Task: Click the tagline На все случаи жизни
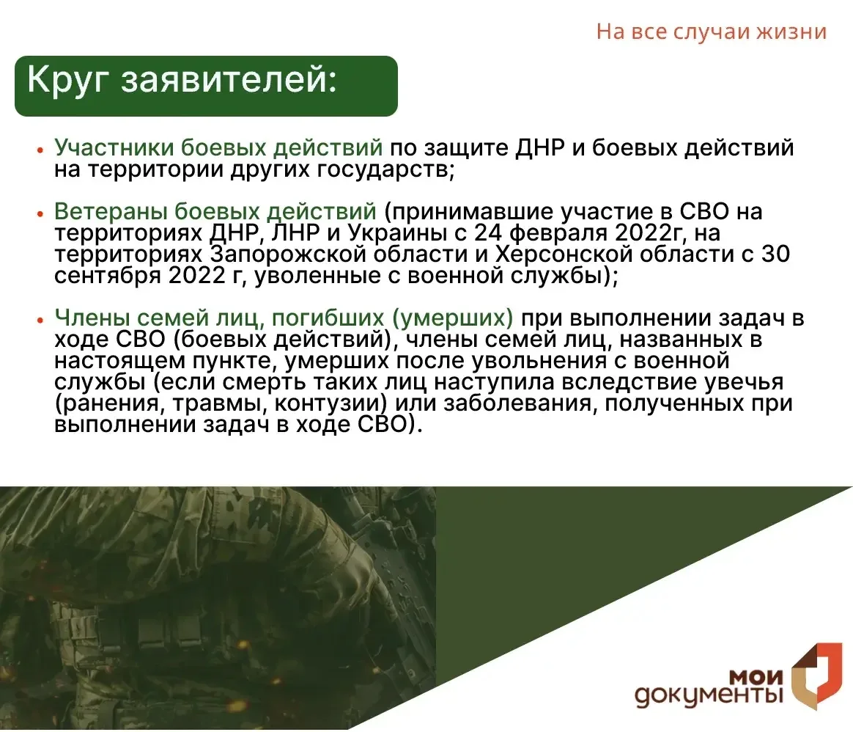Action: click(x=711, y=32)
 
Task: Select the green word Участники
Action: click(x=114, y=147)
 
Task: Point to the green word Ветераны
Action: click(x=111, y=211)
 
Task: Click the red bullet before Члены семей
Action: click(x=40, y=321)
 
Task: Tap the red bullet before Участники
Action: click(x=40, y=150)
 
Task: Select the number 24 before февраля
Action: click(x=489, y=233)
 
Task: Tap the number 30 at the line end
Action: click(x=775, y=255)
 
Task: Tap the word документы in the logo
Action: click(x=709, y=696)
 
